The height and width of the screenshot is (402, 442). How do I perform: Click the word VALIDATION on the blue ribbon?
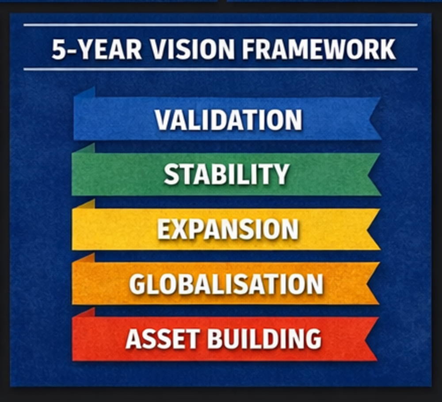229,120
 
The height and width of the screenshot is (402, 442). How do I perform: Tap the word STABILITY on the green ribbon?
227,174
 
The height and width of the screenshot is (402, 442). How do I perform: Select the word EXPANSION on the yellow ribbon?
228,229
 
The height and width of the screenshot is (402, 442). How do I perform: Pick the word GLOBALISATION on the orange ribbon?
226,284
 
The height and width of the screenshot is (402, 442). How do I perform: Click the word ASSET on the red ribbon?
163,338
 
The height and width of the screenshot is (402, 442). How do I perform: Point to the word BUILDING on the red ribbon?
264,338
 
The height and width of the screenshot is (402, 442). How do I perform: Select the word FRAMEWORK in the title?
319,49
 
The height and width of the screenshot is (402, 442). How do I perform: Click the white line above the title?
221,25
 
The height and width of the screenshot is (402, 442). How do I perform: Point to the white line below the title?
221,69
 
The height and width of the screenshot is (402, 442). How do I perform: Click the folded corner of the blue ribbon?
84,93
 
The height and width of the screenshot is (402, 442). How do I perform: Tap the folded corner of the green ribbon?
84,148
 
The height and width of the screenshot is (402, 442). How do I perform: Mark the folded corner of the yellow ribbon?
84,204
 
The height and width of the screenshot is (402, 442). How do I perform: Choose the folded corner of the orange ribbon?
84,258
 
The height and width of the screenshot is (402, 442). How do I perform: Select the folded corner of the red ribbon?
84,313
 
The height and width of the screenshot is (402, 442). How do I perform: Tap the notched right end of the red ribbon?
372,338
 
